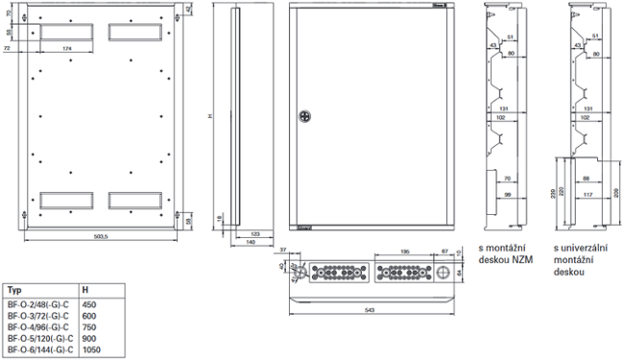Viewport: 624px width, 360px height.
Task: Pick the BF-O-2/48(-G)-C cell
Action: click(39, 304)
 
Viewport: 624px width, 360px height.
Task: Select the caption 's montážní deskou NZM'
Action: click(504, 252)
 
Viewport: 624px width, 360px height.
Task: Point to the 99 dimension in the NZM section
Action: click(508, 195)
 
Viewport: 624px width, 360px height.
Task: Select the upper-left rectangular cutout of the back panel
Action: click(65, 32)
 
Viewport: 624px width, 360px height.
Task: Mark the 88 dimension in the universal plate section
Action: click(586, 178)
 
